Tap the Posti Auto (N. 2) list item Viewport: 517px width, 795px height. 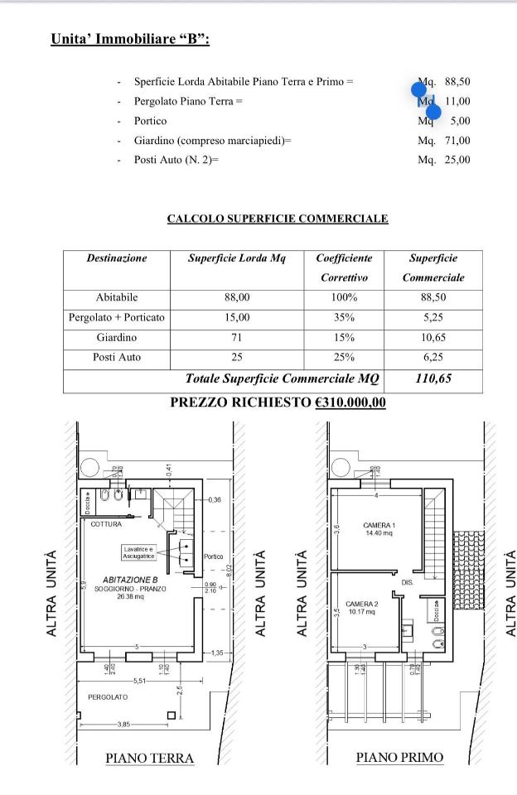point(176,160)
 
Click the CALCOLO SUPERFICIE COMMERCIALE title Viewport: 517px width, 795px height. point(278,219)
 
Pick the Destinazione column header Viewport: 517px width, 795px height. point(117,258)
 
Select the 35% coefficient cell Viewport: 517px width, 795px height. point(344,317)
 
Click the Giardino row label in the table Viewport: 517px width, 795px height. point(117,338)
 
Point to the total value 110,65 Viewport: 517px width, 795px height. point(437,378)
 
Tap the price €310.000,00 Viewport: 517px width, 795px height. point(350,402)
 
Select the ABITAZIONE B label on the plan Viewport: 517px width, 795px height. point(130,580)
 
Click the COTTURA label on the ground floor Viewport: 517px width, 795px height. point(106,524)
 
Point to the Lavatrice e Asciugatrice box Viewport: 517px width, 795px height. point(138,552)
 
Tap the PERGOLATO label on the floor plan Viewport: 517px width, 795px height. point(109,697)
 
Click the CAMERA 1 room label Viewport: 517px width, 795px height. point(379,526)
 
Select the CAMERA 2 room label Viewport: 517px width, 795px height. point(362,605)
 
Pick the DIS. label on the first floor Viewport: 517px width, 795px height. point(408,583)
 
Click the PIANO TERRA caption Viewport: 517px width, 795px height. point(149,758)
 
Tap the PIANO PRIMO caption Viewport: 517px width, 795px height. point(399,757)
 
